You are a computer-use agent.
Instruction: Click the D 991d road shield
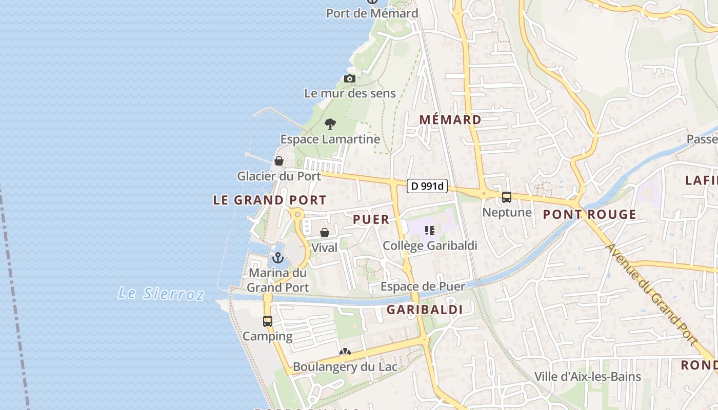[x=427, y=186]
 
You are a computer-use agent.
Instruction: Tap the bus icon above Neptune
[x=507, y=197]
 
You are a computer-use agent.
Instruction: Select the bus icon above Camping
[x=268, y=321]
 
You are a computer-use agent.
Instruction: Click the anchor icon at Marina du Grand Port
[x=278, y=257]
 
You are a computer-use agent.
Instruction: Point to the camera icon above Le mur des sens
[x=350, y=78]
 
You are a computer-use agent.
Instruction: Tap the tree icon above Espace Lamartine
[x=330, y=124]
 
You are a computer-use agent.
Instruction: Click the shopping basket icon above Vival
[x=325, y=233]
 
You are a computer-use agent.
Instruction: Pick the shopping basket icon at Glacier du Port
[x=279, y=161]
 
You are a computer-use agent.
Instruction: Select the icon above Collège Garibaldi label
[x=430, y=231]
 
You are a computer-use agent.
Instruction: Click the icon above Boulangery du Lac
[x=345, y=352]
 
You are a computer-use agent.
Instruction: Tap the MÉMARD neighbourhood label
[x=450, y=120]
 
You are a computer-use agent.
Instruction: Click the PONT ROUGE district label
[x=589, y=215]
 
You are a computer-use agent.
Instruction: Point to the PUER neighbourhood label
[x=371, y=219]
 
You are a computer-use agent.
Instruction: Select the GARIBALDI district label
[x=425, y=310]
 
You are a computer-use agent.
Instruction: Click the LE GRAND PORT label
[x=270, y=200]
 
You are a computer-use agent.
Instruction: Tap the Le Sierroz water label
[x=161, y=294]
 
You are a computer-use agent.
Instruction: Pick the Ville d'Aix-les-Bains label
[x=588, y=377]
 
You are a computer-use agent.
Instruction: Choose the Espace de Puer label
[x=423, y=286]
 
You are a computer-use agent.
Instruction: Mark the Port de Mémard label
[x=372, y=13]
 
